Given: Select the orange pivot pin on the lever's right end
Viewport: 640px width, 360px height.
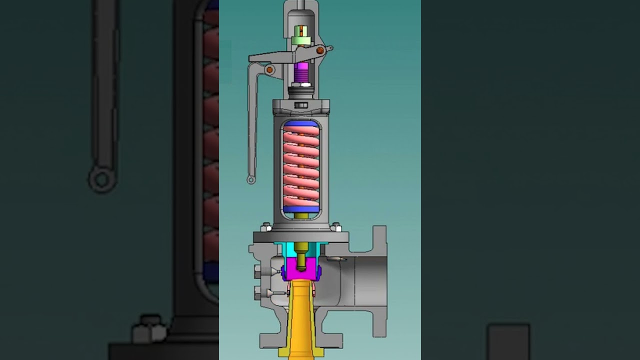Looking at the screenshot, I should point(319,50).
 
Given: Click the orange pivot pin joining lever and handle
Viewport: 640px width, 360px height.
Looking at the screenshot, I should point(269,69).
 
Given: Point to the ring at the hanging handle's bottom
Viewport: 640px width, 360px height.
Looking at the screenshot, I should point(251,179).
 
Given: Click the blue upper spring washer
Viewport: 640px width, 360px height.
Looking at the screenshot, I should point(301,123).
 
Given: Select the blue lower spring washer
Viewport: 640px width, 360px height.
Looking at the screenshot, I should point(301,209).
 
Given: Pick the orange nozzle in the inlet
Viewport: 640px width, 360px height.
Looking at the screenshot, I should point(301,320).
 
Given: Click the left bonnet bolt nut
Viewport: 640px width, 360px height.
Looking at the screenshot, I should point(265,227).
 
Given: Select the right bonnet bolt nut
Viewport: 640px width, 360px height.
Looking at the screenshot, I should point(336,227).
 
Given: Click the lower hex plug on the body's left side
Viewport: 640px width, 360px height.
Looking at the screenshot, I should point(258,292).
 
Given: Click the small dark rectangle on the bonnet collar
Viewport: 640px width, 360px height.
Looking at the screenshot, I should point(301,105).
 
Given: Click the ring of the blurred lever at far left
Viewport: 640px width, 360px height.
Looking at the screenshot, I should point(102,179).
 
